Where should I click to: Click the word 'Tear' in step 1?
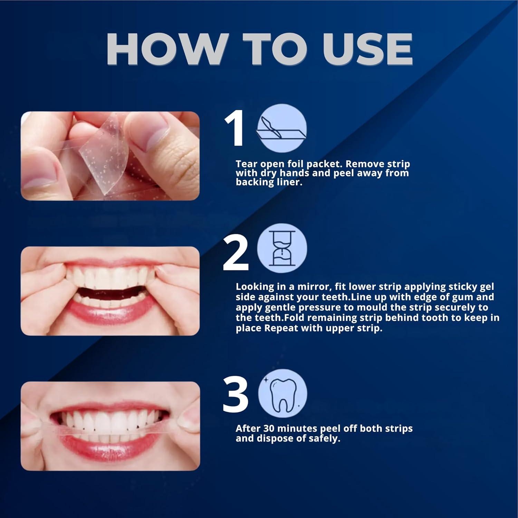coord(247,164)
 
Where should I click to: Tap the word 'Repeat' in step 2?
coord(281,328)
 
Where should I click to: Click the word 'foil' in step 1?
coord(295,164)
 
